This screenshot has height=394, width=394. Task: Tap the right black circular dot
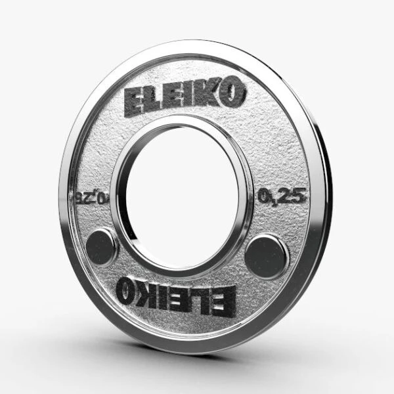click(267, 255)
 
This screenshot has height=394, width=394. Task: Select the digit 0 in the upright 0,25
click(265, 195)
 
